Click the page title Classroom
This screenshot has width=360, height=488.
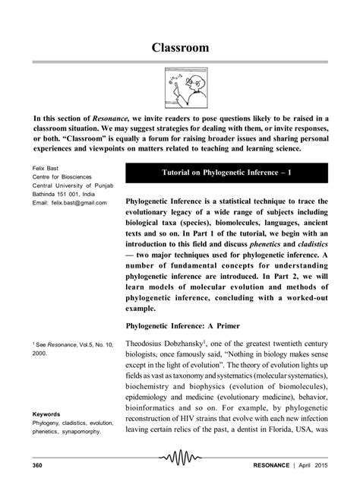pos(179,48)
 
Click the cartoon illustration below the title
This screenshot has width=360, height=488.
pos(179,89)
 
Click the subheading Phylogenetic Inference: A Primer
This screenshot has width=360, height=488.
pos(189,325)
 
